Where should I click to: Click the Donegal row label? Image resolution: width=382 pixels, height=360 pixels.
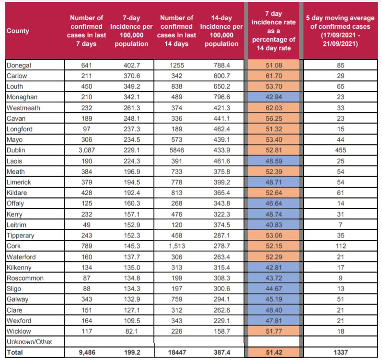[19, 65]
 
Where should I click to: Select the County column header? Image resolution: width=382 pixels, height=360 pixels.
[18, 31]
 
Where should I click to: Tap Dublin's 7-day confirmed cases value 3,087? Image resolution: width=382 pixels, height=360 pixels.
[86, 150]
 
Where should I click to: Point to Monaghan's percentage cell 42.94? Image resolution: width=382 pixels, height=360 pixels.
[274, 97]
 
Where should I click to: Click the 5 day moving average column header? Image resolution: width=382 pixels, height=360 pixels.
[340, 31]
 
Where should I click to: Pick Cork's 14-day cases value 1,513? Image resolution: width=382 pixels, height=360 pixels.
[177, 246]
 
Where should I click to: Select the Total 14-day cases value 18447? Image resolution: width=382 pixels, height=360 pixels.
[177, 352]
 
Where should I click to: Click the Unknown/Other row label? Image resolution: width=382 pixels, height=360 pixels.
[29, 342]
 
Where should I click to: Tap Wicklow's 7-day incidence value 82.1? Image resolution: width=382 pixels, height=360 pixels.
[132, 331]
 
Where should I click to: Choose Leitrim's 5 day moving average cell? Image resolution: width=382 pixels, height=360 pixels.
[340, 225]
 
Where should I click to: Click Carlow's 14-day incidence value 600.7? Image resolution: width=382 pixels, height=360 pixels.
[222, 76]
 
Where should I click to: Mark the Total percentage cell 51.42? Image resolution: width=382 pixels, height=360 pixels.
[274, 352]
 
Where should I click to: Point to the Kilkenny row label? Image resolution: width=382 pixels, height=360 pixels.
[19, 268]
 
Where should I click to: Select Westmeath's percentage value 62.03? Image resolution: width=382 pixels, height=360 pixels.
[274, 108]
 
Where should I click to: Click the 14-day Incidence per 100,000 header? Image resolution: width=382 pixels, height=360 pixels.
[221, 31]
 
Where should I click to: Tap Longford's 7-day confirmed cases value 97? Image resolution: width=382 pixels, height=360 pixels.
[86, 129]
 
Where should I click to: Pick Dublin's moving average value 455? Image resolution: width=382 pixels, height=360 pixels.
[340, 150]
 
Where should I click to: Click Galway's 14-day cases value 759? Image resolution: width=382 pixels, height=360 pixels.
[177, 299]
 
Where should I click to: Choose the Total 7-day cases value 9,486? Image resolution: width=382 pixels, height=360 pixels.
[87, 352]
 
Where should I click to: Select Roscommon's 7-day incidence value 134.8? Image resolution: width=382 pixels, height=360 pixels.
[132, 278]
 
